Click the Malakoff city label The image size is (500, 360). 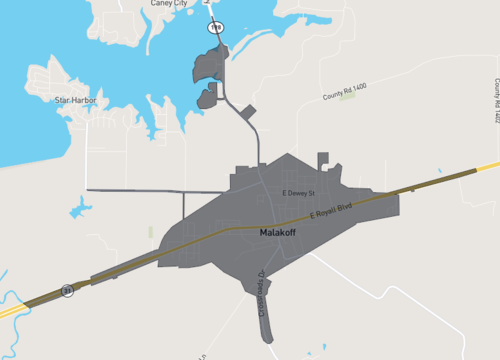point(277,232)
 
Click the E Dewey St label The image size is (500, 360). point(297,191)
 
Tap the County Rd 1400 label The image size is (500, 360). point(344,89)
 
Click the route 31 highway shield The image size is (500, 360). point(67,289)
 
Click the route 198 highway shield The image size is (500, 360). point(215,28)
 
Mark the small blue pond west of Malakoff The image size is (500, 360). point(79,208)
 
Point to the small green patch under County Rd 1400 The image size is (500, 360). point(347,97)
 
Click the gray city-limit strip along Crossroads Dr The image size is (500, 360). point(266,320)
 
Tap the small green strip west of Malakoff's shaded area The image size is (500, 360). point(151,232)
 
